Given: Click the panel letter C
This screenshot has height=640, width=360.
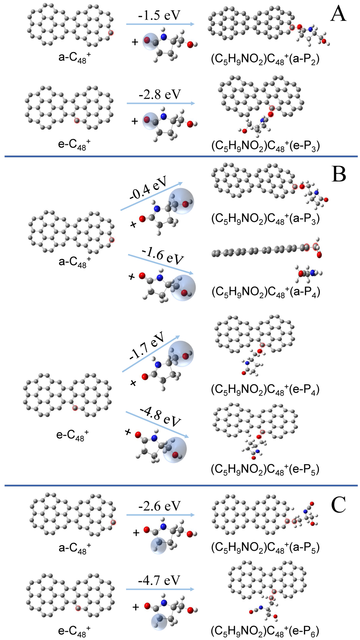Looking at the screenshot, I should pos(338,505).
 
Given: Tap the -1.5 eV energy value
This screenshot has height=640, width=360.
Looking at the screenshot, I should pos(159,15).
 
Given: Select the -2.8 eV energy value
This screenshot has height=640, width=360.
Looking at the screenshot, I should pos(160,94).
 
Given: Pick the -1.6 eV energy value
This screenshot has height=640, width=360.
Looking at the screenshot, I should pos(163,256).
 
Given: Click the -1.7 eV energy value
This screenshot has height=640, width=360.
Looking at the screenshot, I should pos(147,345).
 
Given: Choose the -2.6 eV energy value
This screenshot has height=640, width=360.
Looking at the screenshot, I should pos(159,506).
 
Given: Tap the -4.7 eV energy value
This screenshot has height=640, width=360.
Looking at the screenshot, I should pos(159,580).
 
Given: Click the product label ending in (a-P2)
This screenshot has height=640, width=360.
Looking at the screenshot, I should pos(265,59).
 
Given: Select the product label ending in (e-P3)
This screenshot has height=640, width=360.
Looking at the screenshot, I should pos(265,146).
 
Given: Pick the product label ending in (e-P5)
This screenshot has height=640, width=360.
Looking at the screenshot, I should pos(265,469).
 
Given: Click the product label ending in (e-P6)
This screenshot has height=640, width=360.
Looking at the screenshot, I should pos(265,631).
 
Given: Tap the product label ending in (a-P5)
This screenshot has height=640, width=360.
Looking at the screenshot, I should pos(265,547).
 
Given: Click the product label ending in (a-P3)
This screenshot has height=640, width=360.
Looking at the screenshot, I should pos(265,219).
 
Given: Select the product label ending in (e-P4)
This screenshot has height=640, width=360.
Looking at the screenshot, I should pos(265,389).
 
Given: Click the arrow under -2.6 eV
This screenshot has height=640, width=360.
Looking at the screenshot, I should pos(160,515).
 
